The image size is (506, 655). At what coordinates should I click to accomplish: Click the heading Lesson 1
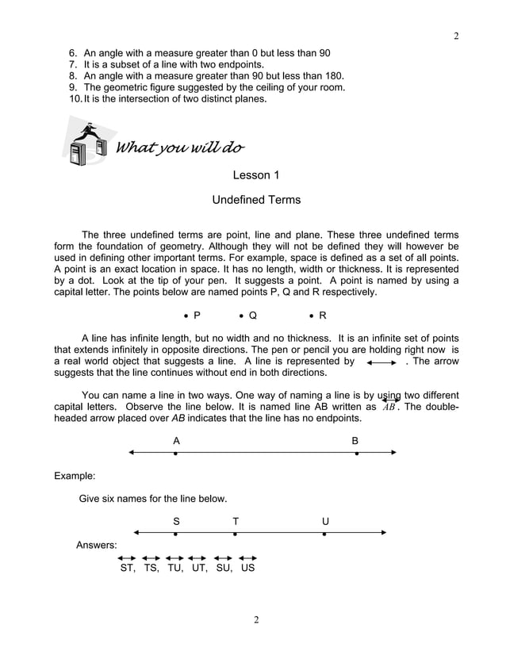tap(255, 174)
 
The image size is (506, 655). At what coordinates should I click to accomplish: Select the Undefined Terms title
tap(255, 200)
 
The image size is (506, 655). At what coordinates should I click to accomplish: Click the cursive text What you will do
tap(180, 148)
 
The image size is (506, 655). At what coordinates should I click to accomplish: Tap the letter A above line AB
tap(176, 440)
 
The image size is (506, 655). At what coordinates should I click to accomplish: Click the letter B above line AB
tap(355, 440)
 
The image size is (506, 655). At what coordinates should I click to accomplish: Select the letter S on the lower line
tap(176, 521)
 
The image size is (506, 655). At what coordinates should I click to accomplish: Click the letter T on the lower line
tap(236, 521)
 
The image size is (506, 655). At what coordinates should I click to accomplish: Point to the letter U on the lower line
tap(325, 521)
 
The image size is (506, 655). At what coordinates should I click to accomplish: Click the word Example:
tap(75, 476)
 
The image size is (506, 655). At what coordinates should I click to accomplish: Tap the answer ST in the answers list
tap(127, 568)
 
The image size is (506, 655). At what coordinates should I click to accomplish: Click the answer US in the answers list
tap(247, 568)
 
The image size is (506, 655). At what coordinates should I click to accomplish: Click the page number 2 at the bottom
tap(255, 619)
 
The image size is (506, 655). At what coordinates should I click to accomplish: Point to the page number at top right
tap(456, 36)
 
